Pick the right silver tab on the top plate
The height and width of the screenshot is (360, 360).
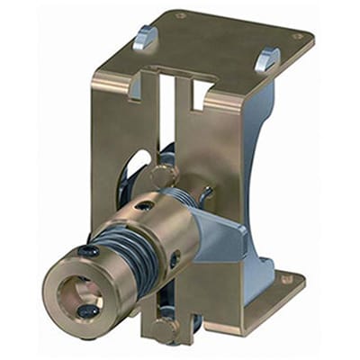[267, 58]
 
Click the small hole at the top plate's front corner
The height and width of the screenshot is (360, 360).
[180, 15]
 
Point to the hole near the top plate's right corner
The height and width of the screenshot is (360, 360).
[297, 37]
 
